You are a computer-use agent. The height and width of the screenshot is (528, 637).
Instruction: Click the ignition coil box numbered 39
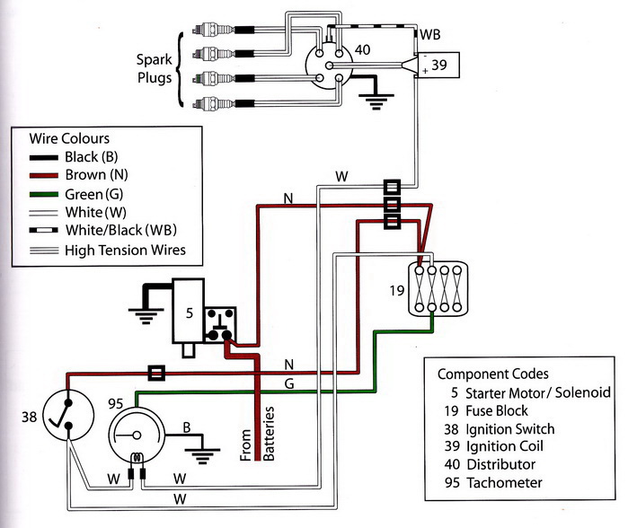[438, 65]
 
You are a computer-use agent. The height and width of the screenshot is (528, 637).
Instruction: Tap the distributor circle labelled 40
[329, 66]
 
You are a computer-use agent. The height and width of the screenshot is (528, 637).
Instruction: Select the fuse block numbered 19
[438, 289]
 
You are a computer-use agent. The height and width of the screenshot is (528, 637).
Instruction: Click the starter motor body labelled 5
[188, 311]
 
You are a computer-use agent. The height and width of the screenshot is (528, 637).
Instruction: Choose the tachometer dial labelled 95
[137, 435]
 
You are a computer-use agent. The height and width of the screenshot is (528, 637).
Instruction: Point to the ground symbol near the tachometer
[202, 456]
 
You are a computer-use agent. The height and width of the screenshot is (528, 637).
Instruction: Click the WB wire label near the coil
[430, 35]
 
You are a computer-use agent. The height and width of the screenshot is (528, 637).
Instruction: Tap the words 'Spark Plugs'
[154, 68]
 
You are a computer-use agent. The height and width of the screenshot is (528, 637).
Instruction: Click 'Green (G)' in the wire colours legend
[93, 194]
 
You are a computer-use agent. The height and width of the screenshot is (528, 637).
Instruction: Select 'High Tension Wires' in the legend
[125, 250]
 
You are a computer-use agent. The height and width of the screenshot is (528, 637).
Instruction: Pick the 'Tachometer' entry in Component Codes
[504, 482]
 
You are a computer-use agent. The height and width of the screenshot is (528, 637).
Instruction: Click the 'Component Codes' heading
[492, 374]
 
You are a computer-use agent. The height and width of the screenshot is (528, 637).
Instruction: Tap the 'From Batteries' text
[257, 434]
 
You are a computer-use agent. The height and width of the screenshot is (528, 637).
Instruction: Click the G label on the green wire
[289, 383]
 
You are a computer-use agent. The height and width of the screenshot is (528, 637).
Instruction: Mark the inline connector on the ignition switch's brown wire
[156, 373]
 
